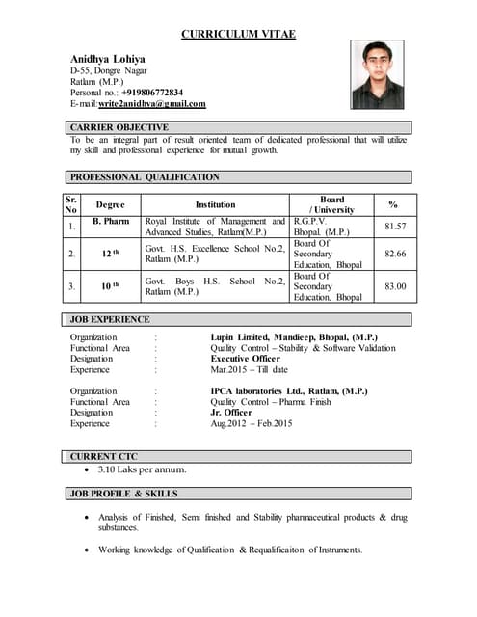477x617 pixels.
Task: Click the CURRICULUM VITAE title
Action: (x=238, y=35)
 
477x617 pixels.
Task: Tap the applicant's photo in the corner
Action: (x=377, y=74)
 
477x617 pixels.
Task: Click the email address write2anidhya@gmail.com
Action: (x=151, y=104)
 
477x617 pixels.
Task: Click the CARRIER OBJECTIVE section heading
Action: (x=119, y=127)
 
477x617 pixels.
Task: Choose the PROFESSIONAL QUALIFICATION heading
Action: (x=145, y=177)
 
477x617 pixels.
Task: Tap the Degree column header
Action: (x=111, y=204)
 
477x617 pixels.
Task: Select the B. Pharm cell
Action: (x=111, y=222)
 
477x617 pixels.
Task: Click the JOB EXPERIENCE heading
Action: (x=109, y=319)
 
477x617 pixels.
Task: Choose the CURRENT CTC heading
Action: (x=104, y=456)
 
